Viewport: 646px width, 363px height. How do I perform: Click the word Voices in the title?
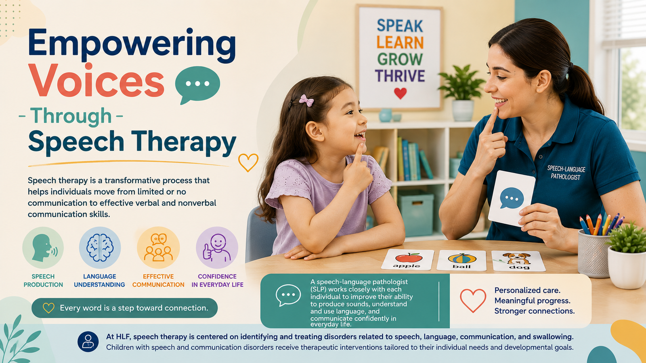(x=96, y=81)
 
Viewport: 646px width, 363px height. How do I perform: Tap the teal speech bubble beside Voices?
(x=197, y=84)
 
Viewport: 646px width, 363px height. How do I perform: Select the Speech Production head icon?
(x=43, y=248)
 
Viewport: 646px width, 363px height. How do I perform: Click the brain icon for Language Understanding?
(x=100, y=248)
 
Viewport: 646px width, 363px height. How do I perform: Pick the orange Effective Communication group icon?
(x=158, y=248)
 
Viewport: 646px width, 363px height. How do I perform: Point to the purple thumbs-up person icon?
(x=217, y=248)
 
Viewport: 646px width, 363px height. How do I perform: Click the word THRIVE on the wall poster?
(x=400, y=76)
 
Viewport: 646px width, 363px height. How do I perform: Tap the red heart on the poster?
(x=400, y=93)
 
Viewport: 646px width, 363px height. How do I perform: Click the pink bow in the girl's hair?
(x=306, y=100)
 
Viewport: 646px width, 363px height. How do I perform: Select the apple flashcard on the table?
(x=407, y=260)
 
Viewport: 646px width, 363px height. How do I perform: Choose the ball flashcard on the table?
(x=461, y=261)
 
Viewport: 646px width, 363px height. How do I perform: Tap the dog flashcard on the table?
(x=518, y=261)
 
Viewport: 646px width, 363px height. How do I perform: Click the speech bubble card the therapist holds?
(x=511, y=198)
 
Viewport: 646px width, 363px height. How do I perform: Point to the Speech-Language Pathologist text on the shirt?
(x=566, y=173)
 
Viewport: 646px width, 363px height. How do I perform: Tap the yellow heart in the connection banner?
(x=48, y=308)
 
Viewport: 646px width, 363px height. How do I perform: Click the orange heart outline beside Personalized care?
(x=473, y=300)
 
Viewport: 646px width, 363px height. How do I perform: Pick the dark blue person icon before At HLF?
(x=88, y=342)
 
